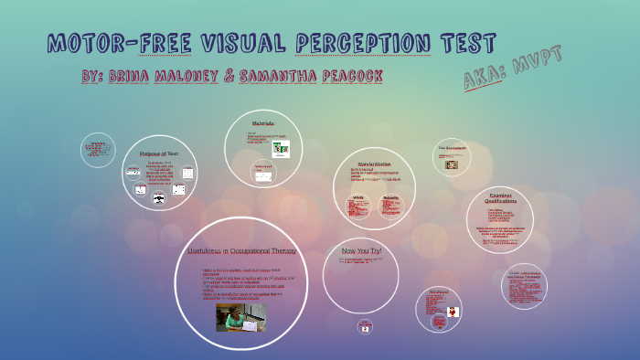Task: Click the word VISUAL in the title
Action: pyautogui.click(x=239, y=43)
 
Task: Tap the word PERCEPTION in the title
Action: pyautogui.click(x=365, y=43)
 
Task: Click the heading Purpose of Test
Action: pyautogui.click(x=160, y=154)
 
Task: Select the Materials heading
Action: pyautogui.click(x=262, y=122)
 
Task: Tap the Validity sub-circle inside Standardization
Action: pyautogui.click(x=358, y=207)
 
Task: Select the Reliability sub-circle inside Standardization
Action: pyautogui.click(x=390, y=207)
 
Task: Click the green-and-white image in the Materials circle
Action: pyautogui.click(x=281, y=148)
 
